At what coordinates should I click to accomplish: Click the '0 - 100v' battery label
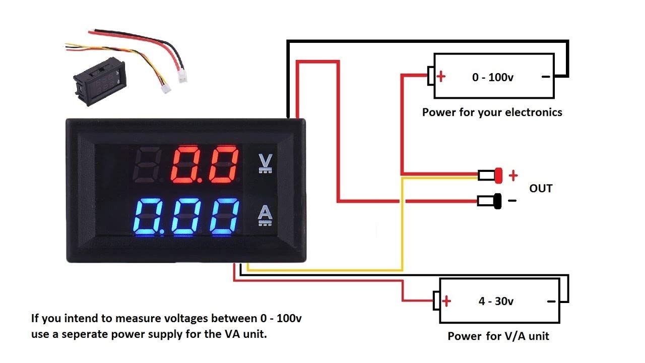(x=493, y=77)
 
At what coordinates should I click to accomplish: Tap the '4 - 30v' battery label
(x=496, y=301)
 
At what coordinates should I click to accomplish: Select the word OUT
(x=541, y=189)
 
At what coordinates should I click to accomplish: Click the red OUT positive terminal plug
(x=499, y=175)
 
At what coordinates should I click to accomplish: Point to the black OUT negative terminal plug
(x=498, y=201)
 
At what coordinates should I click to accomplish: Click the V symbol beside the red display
(x=264, y=162)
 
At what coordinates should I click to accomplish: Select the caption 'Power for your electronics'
(x=492, y=112)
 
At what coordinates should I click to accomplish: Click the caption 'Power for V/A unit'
(x=498, y=336)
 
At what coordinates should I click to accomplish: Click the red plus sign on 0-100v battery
(x=441, y=77)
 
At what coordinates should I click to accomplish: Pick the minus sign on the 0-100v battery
(x=545, y=77)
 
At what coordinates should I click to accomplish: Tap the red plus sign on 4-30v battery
(x=446, y=301)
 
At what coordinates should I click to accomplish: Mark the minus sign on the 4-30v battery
(x=551, y=301)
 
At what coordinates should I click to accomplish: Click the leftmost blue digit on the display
(x=150, y=217)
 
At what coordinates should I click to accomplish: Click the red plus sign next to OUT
(x=513, y=175)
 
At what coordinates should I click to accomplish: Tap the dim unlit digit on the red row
(x=146, y=165)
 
